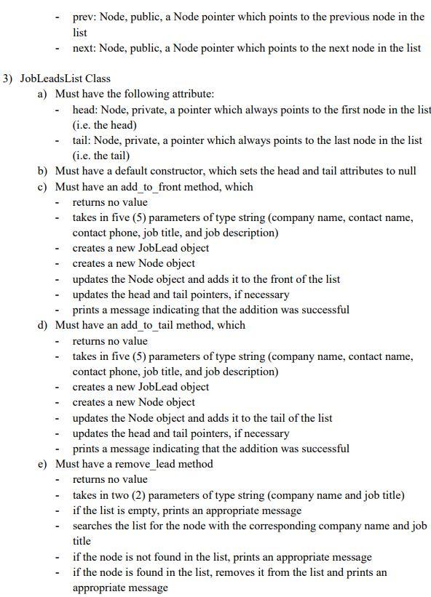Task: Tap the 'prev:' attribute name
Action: pyautogui.click(x=84, y=17)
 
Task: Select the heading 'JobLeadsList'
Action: pyautogui.click(x=54, y=78)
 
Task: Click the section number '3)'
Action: pyautogui.click(x=9, y=78)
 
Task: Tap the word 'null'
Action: pyautogui.click(x=406, y=171)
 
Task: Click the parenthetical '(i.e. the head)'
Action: pyautogui.click(x=105, y=124)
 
